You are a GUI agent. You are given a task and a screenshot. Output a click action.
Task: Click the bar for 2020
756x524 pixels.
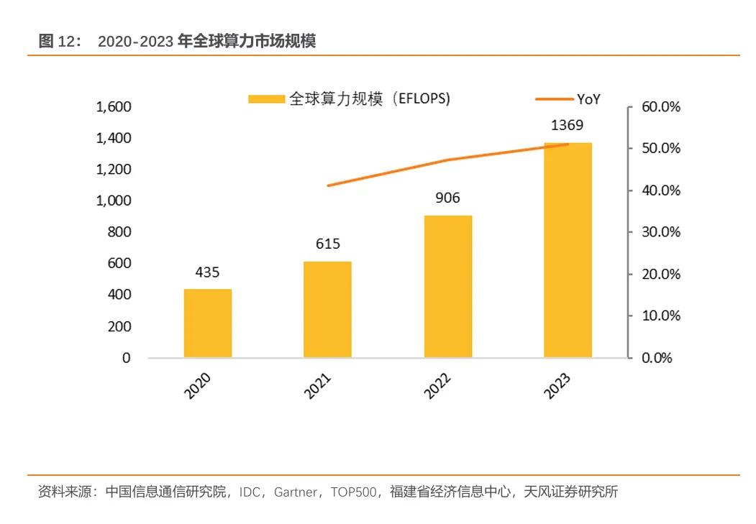208,323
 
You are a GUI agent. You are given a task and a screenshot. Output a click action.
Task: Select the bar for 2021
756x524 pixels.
327,309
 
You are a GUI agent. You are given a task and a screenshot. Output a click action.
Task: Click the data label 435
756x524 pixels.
207,272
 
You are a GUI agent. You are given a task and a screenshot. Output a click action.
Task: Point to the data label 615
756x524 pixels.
327,244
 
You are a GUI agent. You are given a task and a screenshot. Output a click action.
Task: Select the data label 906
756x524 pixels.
447,198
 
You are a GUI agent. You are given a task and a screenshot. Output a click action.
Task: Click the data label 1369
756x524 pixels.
568,126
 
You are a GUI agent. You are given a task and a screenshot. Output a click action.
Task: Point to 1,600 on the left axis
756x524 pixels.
114,107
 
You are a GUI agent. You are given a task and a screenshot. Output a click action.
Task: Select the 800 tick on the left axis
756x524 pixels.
120,232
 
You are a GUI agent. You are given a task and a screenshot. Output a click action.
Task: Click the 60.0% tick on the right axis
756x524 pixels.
661,107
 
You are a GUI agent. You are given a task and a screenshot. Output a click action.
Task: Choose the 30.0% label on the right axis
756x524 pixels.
661,232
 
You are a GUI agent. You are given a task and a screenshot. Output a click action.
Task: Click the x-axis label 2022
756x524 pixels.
438,386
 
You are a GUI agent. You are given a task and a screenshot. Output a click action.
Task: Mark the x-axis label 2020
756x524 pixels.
198,386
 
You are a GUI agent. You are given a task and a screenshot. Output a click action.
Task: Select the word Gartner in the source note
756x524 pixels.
295,492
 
